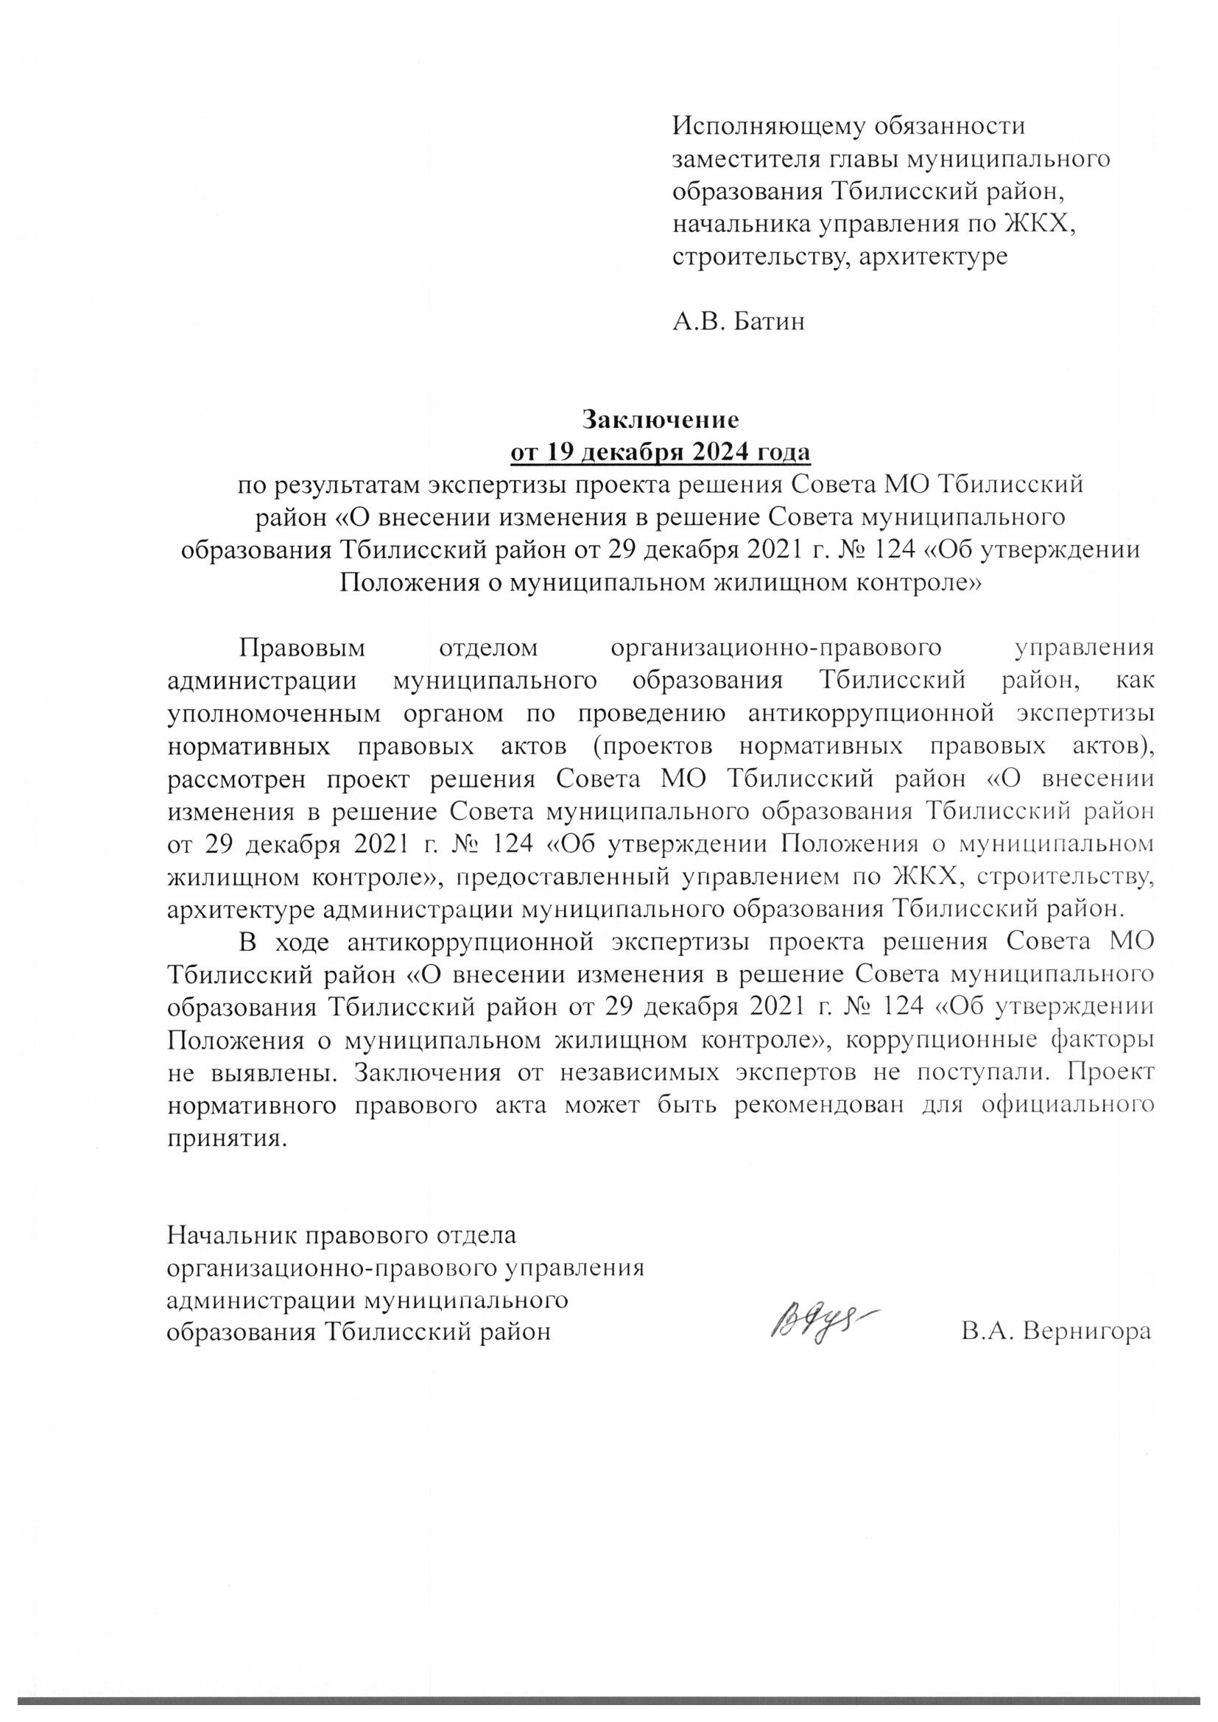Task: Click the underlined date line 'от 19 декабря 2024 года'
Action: click(661, 452)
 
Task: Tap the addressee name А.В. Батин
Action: click(739, 322)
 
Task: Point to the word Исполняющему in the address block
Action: click(761, 126)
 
